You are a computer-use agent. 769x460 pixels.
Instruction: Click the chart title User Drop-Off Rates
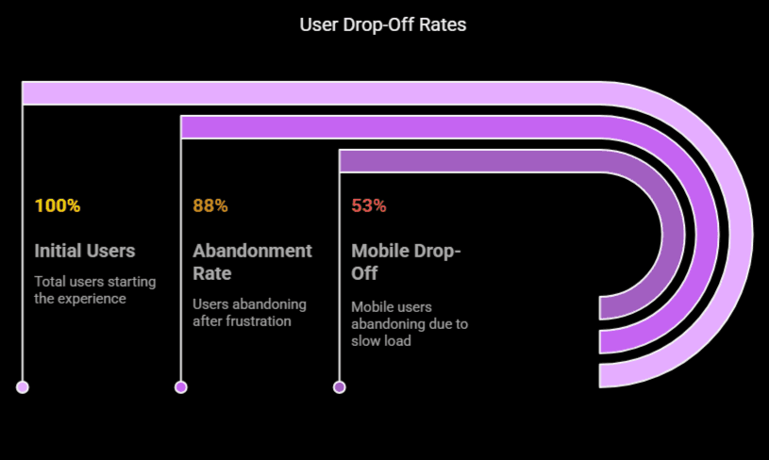click(x=383, y=25)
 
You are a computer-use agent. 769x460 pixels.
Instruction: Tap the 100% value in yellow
click(x=58, y=205)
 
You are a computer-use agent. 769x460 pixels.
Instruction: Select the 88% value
click(x=210, y=205)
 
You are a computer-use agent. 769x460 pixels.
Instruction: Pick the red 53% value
click(x=369, y=205)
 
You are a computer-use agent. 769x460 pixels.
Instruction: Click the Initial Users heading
click(x=85, y=251)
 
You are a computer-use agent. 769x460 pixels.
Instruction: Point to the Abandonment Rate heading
click(x=252, y=262)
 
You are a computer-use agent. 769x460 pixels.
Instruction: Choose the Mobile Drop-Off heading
click(x=406, y=262)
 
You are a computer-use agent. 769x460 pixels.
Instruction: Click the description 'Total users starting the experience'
click(x=95, y=289)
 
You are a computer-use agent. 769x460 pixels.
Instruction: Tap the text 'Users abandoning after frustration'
click(x=249, y=312)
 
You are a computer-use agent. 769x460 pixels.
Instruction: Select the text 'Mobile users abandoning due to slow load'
click(x=410, y=323)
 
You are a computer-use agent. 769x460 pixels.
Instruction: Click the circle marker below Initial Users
click(x=23, y=386)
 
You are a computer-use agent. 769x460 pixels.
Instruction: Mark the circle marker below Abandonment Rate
click(x=181, y=386)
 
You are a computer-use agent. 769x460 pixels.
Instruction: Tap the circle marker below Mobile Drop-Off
click(x=340, y=386)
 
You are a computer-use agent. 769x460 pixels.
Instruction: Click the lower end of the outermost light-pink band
click(x=611, y=375)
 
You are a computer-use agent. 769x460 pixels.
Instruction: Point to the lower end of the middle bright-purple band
click(x=611, y=341)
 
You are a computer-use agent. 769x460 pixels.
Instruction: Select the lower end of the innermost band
click(x=611, y=308)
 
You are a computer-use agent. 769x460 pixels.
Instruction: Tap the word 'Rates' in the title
click(x=444, y=25)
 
